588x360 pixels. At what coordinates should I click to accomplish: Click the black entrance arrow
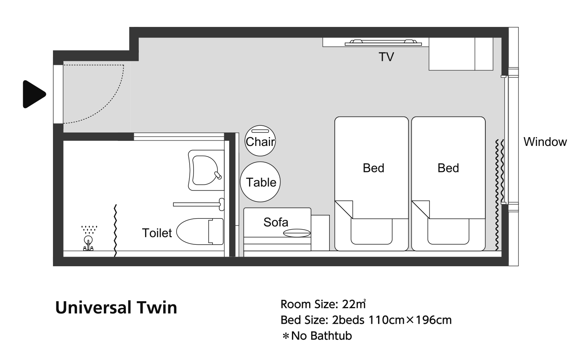(x=34, y=94)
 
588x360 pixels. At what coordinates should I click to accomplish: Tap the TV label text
(x=386, y=57)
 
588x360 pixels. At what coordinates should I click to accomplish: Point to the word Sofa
(x=275, y=222)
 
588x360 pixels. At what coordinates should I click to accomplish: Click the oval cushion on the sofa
(x=297, y=233)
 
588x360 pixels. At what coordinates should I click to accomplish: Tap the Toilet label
(x=157, y=233)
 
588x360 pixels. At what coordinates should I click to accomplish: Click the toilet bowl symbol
(x=200, y=231)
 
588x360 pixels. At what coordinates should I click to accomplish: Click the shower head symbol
(x=88, y=239)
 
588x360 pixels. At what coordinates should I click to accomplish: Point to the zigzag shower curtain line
(x=115, y=230)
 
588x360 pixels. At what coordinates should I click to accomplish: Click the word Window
(x=545, y=142)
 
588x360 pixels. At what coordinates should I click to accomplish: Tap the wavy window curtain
(x=500, y=195)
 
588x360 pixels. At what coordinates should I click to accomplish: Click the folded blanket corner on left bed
(x=344, y=209)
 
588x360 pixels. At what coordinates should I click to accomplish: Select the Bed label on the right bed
(x=448, y=168)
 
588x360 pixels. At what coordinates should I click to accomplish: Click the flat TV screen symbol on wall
(x=383, y=43)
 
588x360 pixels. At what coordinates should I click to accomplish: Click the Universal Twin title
(x=116, y=307)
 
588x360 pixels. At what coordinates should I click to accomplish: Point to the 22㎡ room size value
(x=354, y=304)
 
